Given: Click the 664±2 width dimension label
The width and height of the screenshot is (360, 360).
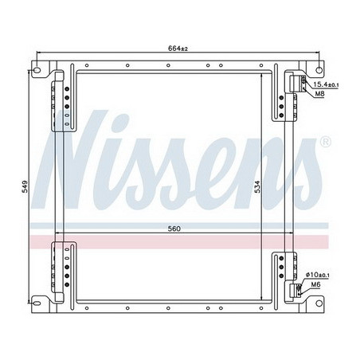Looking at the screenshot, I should [x=178, y=49].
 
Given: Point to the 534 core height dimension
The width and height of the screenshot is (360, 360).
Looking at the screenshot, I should [x=257, y=187].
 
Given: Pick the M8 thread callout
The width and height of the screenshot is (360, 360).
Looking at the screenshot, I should [x=319, y=95].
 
